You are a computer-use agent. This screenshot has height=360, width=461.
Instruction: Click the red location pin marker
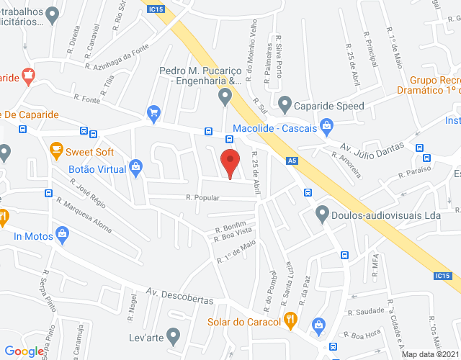[230, 162]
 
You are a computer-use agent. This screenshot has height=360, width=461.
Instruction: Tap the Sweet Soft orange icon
[56, 151]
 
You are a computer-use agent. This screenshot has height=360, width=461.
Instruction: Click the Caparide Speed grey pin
[284, 105]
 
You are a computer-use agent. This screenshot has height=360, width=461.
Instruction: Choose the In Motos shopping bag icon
[63, 234]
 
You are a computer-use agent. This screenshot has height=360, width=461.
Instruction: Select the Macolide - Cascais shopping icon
[327, 127]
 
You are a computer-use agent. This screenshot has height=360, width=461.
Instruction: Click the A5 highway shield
[291, 161]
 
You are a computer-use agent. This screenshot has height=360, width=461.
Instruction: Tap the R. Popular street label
[202, 197]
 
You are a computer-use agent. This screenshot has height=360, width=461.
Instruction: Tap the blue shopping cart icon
[153, 112]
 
